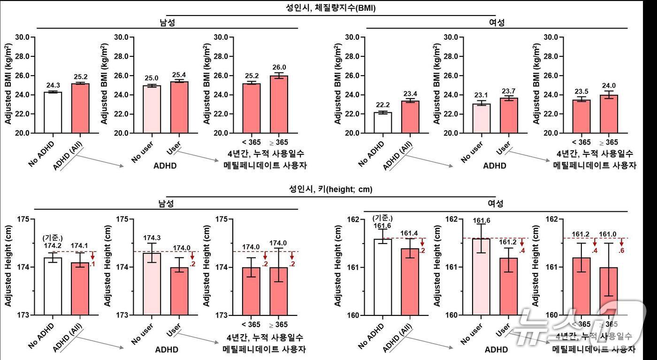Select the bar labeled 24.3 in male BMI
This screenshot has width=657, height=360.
pyautogui.click(x=53, y=112)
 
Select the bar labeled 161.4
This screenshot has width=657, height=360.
pyautogui.click(x=410, y=281)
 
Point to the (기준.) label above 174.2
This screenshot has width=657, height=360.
pyautogui.click(x=53, y=238)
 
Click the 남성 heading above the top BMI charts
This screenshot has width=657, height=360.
pyautogui.click(x=168, y=23)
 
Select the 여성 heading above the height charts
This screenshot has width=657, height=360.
pyautogui.click(x=496, y=204)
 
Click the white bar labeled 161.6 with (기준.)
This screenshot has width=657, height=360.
pyautogui.click(x=383, y=276)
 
